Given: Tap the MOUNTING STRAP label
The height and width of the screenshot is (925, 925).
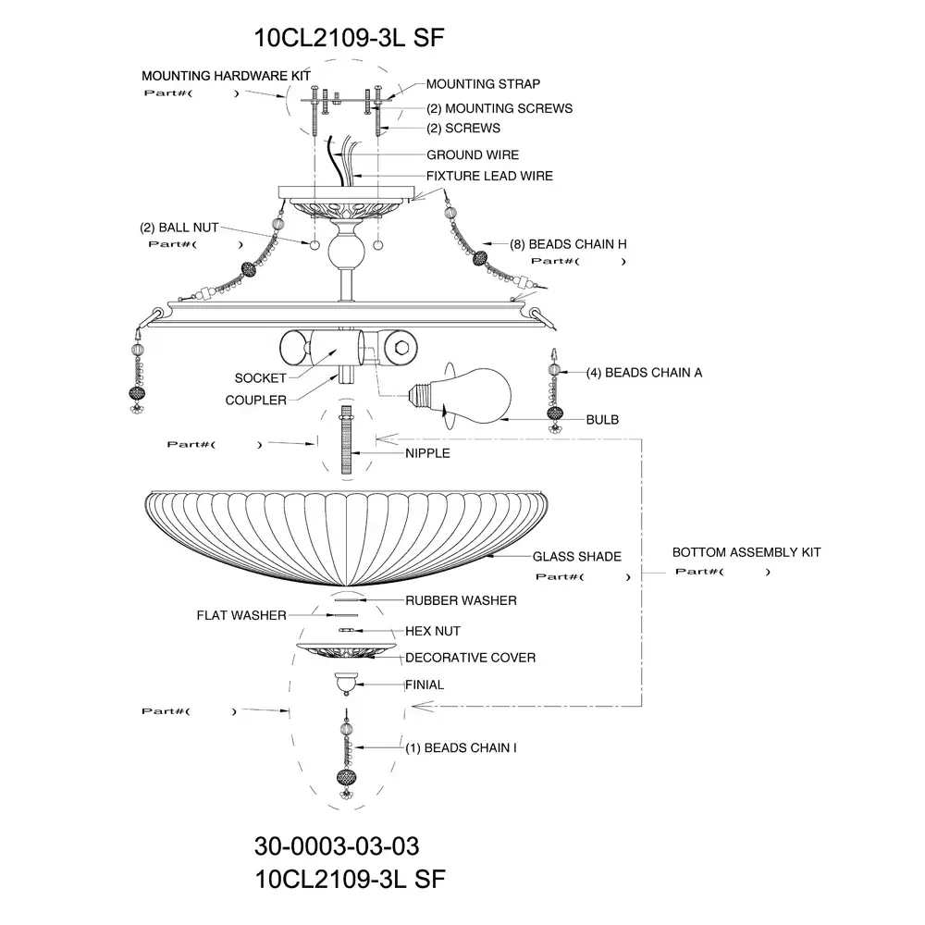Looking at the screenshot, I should pyautogui.click(x=483, y=84).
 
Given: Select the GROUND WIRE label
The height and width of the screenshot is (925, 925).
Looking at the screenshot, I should pyautogui.click(x=473, y=154).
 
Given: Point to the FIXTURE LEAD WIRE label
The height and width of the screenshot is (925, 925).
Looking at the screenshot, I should pyautogui.click(x=489, y=176).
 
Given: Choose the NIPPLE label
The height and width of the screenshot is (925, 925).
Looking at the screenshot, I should pyautogui.click(x=427, y=453).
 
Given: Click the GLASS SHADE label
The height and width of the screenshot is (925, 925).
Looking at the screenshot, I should pyautogui.click(x=576, y=557).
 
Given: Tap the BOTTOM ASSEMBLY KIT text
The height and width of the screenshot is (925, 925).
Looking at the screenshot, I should pyautogui.click(x=746, y=552).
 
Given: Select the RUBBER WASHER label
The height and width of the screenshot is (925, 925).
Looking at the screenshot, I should pyautogui.click(x=461, y=600).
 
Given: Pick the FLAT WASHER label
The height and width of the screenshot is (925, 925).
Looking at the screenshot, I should pyautogui.click(x=241, y=615).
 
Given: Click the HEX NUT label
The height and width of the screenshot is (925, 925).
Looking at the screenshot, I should pyautogui.click(x=433, y=631).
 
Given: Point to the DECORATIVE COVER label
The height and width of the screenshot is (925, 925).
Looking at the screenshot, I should pyautogui.click(x=470, y=658).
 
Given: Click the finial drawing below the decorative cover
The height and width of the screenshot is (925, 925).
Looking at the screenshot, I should pyautogui.click(x=346, y=682).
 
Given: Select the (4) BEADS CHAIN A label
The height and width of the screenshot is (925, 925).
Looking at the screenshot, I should pyautogui.click(x=644, y=372).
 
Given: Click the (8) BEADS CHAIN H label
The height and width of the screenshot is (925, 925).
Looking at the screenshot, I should pyautogui.click(x=568, y=244).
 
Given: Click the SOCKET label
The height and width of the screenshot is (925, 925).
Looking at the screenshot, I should pyautogui.click(x=260, y=378).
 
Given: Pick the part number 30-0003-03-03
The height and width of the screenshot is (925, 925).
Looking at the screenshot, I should pyautogui.click(x=337, y=846).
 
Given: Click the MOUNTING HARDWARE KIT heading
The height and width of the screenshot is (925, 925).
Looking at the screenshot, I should pyautogui.click(x=226, y=75).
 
